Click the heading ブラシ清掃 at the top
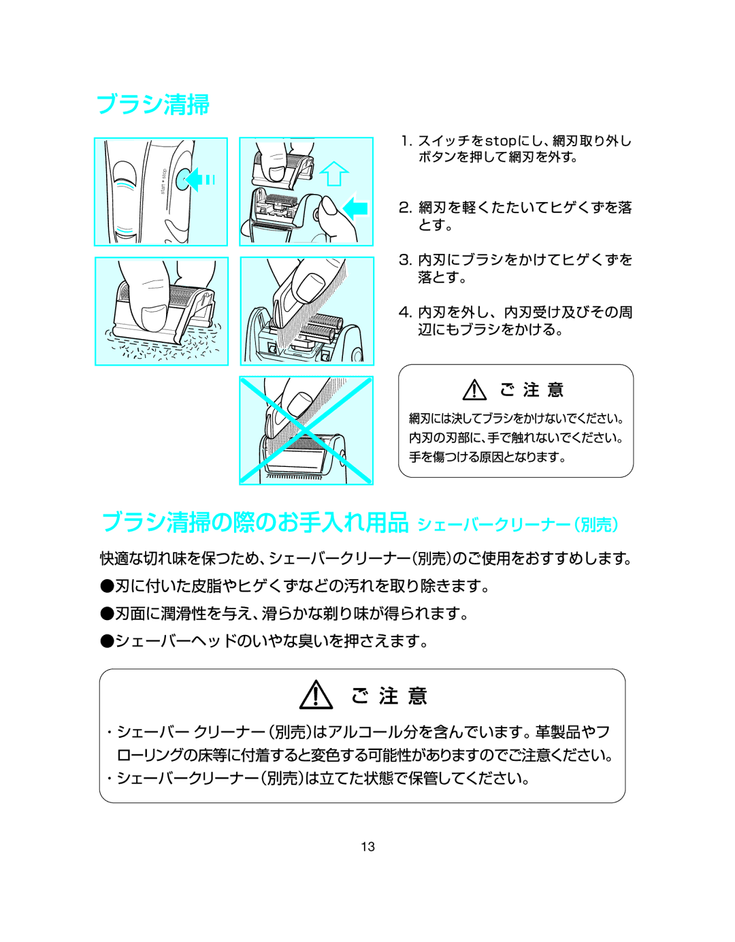click(153, 104)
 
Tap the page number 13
click(367, 847)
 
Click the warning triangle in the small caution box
click(474, 390)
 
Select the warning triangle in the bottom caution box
click(316, 696)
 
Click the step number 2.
click(405, 208)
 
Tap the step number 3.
click(405, 260)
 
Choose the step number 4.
click(405, 312)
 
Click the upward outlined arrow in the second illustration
click(333, 174)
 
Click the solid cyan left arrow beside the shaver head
click(355, 207)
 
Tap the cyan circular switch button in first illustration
click(186, 180)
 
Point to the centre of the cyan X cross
click(306, 431)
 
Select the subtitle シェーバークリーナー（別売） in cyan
click(517, 525)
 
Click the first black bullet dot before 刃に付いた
click(107, 585)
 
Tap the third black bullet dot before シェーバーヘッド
click(107, 640)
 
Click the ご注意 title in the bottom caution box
click(389, 696)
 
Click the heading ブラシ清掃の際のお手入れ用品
click(255, 522)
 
